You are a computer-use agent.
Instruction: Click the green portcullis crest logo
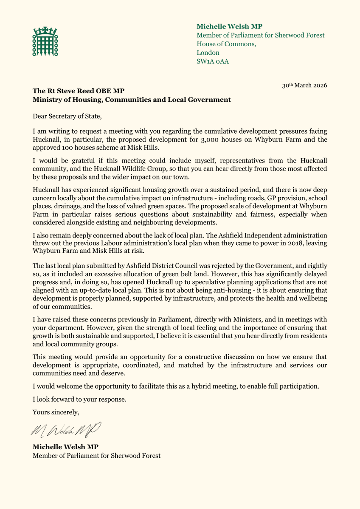45,41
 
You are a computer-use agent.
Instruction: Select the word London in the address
208,53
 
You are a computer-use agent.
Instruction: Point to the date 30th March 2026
304,85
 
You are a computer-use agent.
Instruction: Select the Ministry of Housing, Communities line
132,100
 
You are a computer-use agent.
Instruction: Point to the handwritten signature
65,430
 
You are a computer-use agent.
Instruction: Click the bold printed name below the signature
66,447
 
